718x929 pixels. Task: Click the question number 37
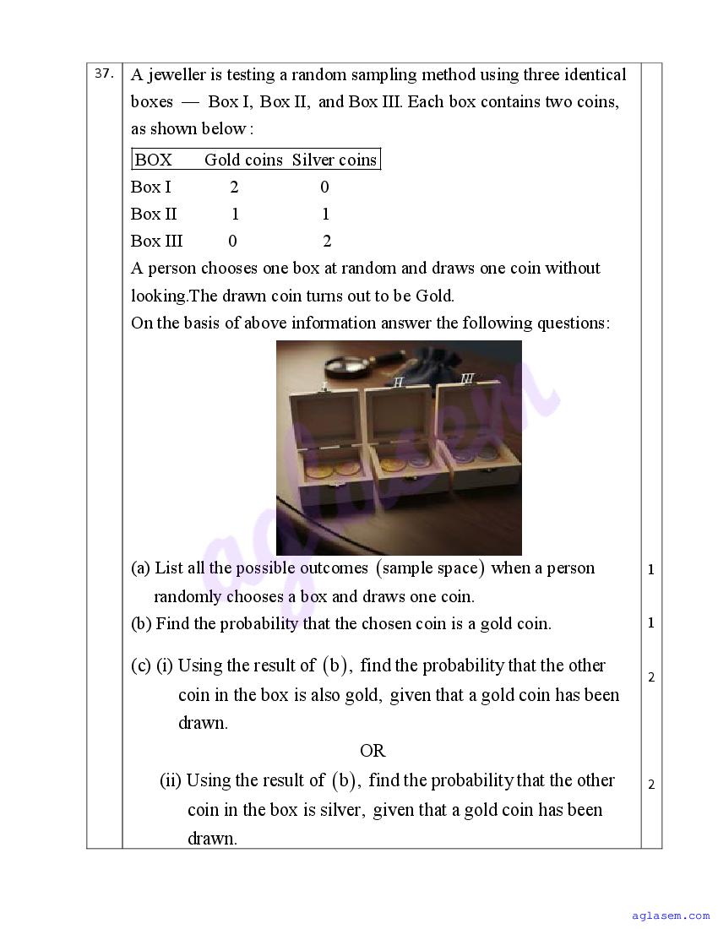click(x=104, y=73)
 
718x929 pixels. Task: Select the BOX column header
click(x=153, y=160)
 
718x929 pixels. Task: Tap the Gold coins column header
click(x=243, y=160)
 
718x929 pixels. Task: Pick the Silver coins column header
click(x=335, y=160)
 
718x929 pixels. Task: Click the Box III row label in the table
click(x=156, y=241)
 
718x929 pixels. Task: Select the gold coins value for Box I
click(x=234, y=187)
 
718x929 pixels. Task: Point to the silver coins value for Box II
click(x=326, y=214)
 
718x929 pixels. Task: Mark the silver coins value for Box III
click(x=327, y=242)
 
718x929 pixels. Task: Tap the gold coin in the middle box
click(x=390, y=464)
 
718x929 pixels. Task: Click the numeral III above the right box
click(x=467, y=378)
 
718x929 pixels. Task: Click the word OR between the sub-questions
click(x=373, y=751)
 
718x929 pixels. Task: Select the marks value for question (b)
click(x=651, y=623)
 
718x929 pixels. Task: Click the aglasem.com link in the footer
click(x=671, y=915)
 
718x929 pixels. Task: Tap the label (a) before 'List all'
click(x=140, y=568)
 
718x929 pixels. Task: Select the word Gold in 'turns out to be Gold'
click(x=434, y=296)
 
